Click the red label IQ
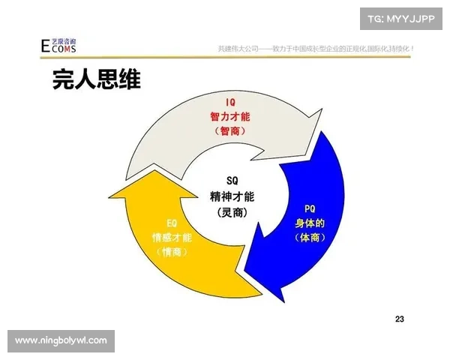[x=231, y=102]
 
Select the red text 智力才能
[x=231, y=116]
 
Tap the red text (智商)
[x=231, y=130]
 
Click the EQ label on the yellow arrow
[x=171, y=223]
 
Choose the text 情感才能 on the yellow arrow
[x=171, y=238]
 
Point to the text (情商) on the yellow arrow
[x=171, y=252]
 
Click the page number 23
[x=399, y=319]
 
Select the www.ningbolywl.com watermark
[x=61, y=340]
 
